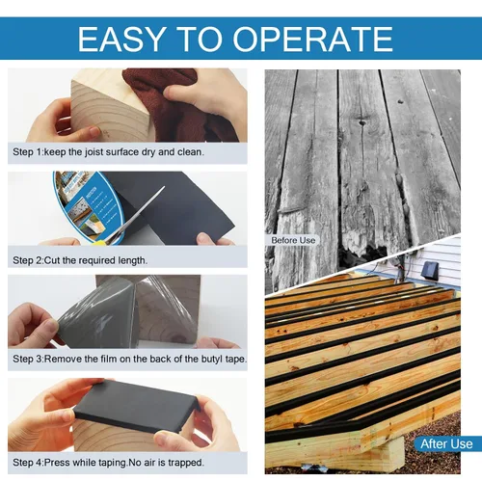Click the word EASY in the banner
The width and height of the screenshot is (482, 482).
(x=122, y=39)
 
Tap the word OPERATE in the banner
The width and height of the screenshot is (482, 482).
(x=313, y=39)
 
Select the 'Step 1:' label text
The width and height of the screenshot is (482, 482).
(x=28, y=152)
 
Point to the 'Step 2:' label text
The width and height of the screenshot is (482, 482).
(x=28, y=260)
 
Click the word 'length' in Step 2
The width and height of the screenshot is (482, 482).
(x=132, y=260)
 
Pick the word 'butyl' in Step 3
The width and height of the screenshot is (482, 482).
(x=212, y=359)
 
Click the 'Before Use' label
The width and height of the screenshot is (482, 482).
(x=293, y=240)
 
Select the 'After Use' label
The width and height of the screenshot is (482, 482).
(x=446, y=443)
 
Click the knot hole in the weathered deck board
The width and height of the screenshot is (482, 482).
(x=362, y=122)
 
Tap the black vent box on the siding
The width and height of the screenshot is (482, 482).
(x=428, y=269)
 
